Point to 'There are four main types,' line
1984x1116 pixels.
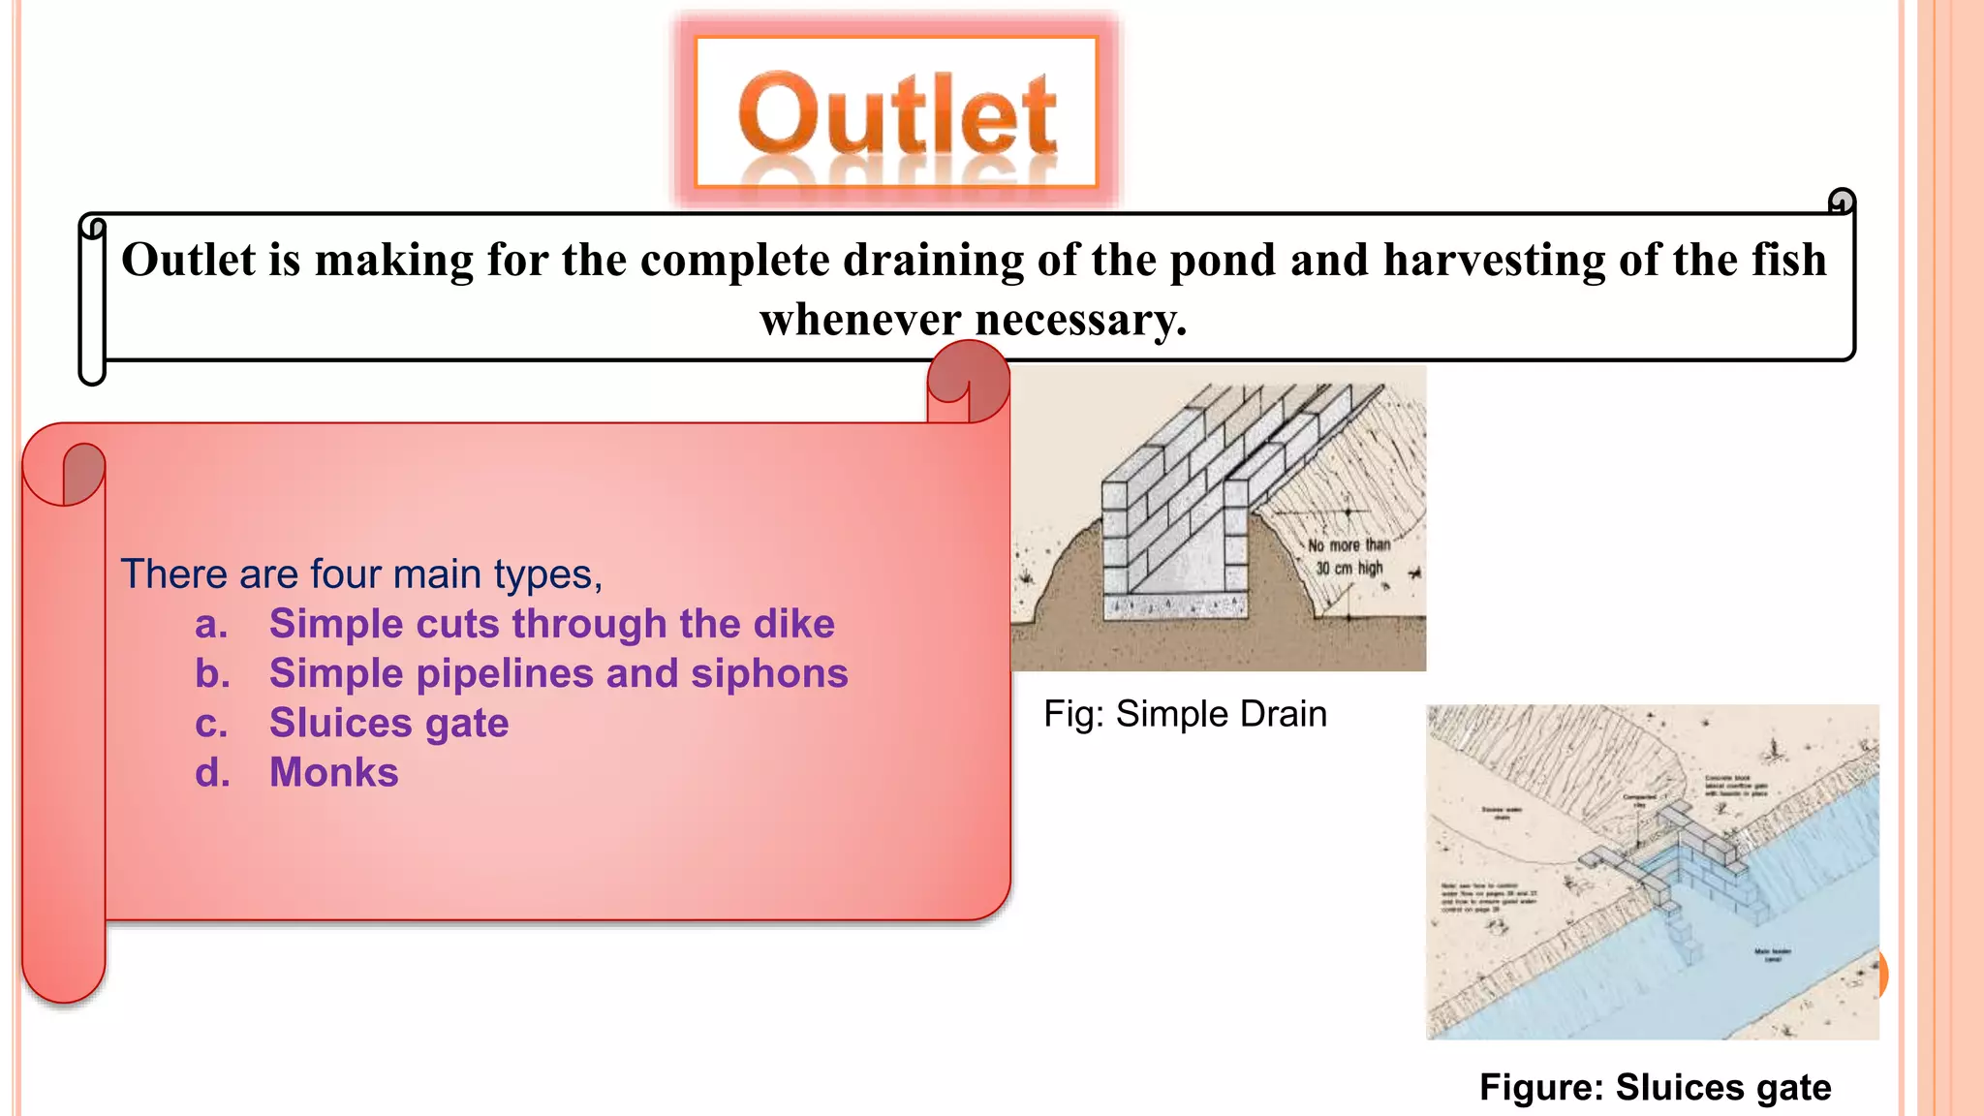tap(361, 574)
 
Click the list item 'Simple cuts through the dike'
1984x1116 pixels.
tap(551, 624)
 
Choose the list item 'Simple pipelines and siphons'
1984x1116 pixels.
tap(558, 673)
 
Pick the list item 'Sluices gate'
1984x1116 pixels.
tap(388, 723)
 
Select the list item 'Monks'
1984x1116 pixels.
tap(333, 773)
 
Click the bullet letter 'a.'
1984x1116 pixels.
tap(211, 624)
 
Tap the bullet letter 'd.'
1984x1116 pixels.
tap(212, 773)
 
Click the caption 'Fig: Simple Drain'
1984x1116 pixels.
tap(1185, 714)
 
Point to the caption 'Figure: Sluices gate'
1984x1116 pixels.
tap(1655, 1087)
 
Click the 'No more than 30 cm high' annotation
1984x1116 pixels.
tap(1348, 557)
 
